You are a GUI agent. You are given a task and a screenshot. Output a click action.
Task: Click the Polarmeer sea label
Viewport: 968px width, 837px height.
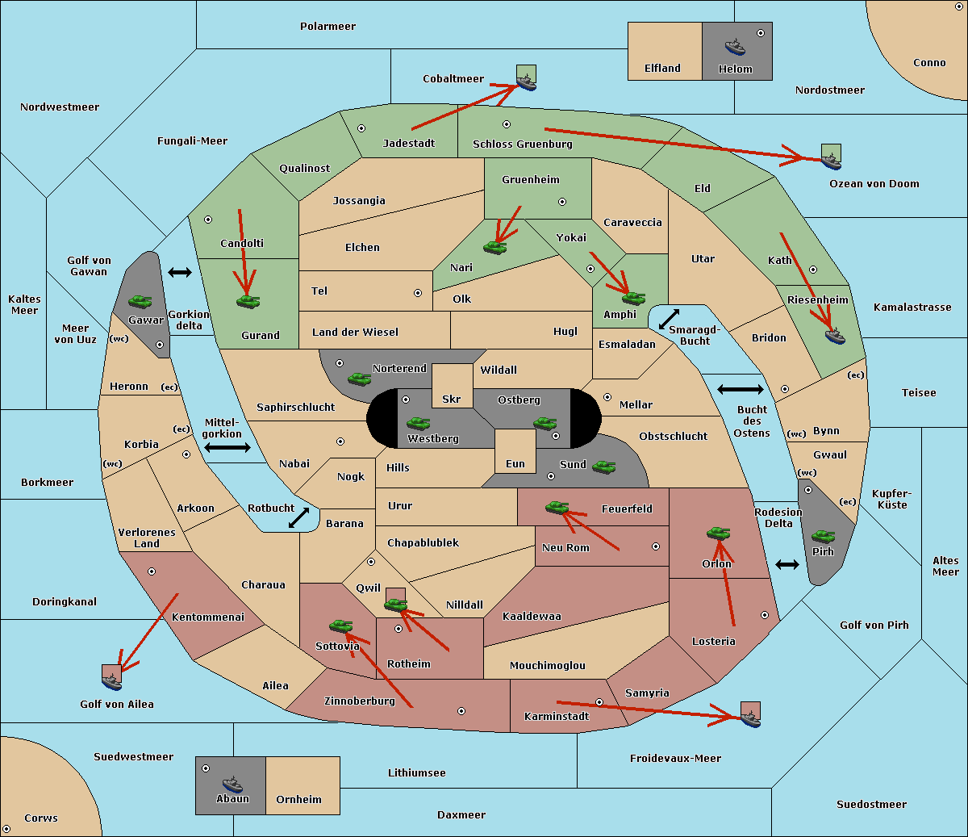(328, 27)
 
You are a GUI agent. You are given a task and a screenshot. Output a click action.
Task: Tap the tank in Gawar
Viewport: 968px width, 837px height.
(140, 301)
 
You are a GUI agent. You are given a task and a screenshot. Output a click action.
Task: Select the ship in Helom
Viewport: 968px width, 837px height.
(735, 46)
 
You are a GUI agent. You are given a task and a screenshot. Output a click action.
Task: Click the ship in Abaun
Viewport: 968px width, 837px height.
(232, 784)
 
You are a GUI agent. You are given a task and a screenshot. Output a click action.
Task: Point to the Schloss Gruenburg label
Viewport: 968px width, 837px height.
(522, 144)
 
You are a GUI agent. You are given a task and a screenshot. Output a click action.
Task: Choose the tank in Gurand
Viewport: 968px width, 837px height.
(248, 301)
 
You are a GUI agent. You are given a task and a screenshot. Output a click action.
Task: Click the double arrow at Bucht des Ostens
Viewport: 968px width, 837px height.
(740, 390)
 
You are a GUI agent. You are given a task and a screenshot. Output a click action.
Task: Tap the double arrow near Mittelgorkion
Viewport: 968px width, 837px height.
(227, 447)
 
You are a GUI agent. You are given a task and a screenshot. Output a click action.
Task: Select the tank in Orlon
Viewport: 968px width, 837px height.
(718, 533)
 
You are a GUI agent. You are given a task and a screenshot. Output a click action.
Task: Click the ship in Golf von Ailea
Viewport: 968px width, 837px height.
(112, 681)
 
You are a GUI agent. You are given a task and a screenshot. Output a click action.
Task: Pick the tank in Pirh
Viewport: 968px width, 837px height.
(823, 536)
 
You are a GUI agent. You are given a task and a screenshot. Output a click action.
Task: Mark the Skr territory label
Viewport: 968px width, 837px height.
(451, 400)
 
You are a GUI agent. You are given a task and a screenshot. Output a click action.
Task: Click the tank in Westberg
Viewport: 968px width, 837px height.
(418, 423)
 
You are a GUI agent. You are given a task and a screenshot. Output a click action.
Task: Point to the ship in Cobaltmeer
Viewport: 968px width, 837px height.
(527, 82)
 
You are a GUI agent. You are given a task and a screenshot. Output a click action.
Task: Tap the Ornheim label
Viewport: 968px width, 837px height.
(298, 800)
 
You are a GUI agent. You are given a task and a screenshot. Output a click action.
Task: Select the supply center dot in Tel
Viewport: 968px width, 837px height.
(418, 293)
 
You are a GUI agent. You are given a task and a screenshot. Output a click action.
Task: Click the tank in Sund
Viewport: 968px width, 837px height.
(603, 466)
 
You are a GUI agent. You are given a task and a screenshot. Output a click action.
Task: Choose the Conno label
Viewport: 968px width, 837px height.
(929, 63)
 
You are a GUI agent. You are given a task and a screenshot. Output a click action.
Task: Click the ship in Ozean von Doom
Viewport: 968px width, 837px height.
(832, 160)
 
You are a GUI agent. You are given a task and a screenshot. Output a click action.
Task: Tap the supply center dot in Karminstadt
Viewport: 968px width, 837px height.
(599, 702)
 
